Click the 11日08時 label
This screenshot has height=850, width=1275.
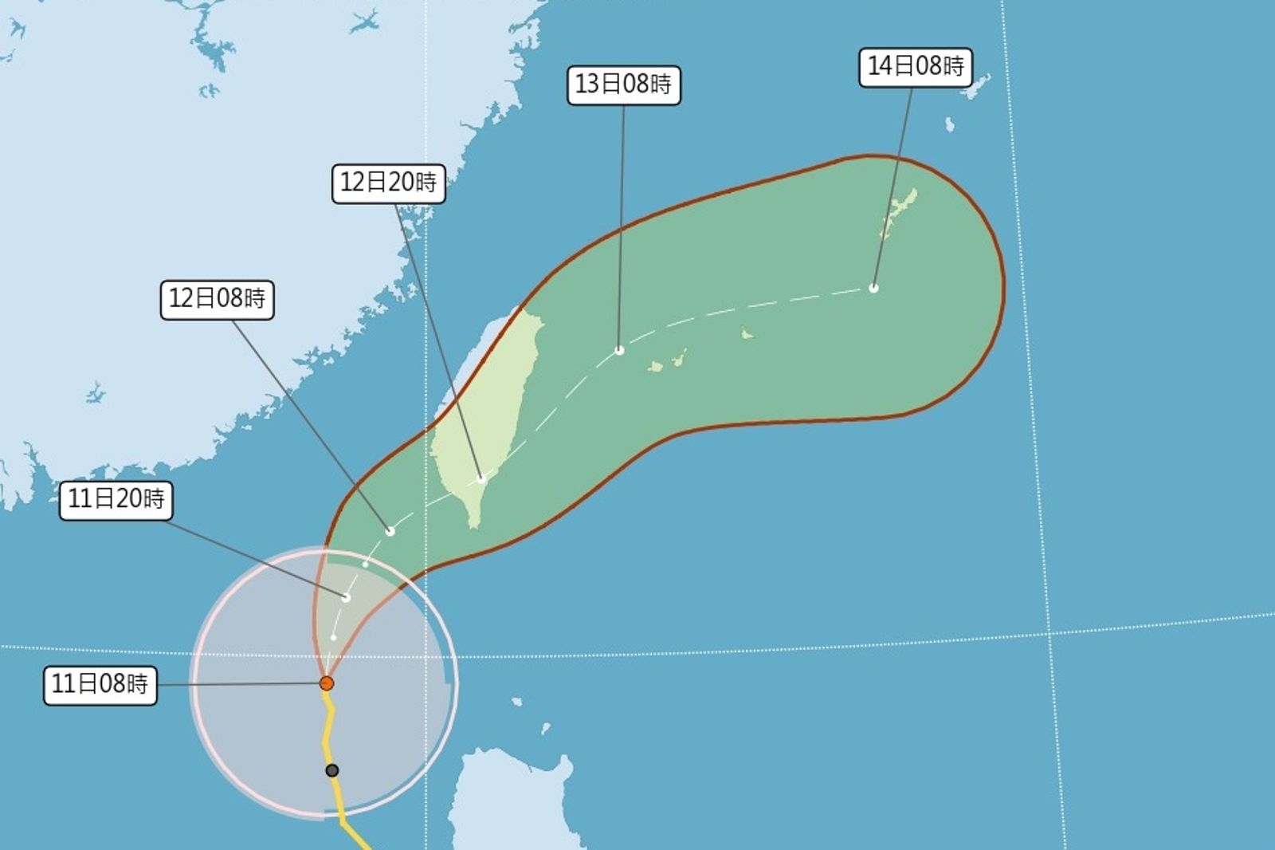[100, 684]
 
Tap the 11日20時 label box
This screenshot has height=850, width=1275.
[116, 499]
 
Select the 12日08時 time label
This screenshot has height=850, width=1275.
[217, 299]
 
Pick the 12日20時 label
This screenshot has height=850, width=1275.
[388, 183]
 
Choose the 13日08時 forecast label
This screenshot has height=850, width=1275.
[623, 85]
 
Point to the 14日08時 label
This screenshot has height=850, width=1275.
[915, 66]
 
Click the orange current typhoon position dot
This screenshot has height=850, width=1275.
[326, 683]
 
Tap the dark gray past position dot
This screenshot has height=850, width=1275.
[332, 770]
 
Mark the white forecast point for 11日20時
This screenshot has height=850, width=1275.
[347, 597]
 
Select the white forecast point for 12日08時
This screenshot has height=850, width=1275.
[390, 531]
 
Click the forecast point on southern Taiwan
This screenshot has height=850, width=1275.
[481, 479]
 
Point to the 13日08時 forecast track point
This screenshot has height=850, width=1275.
[619, 350]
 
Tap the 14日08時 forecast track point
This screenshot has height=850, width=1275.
[873, 288]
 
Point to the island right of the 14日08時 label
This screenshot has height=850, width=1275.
[977, 86]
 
